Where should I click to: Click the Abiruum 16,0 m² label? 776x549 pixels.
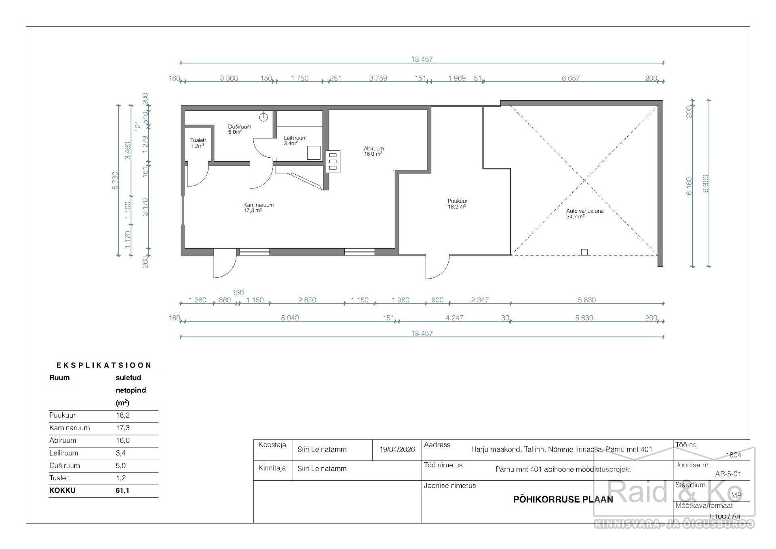tap(373, 151)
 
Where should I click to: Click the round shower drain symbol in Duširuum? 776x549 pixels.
tap(264, 117)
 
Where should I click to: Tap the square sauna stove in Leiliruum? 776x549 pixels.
tap(314, 153)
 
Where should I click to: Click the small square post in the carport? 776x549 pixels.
tap(584, 252)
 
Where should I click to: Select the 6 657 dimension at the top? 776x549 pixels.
tap(570, 78)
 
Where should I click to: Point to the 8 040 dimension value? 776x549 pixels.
tap(290, 318)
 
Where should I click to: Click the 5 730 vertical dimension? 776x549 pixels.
tap(115, 180)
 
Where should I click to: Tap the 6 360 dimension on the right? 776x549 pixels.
tap(706, 184)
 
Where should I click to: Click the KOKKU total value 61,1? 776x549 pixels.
tap(122, 490)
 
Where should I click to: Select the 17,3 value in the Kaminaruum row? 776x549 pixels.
tap(122, 428)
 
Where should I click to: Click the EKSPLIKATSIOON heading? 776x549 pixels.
tap(104, 365)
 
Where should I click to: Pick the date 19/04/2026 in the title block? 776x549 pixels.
tap(397, 450)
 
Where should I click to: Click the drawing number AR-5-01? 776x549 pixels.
tap(728, 474)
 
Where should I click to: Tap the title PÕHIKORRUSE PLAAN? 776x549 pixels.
tap(563, 499)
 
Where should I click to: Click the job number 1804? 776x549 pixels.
tap(734, 455)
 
